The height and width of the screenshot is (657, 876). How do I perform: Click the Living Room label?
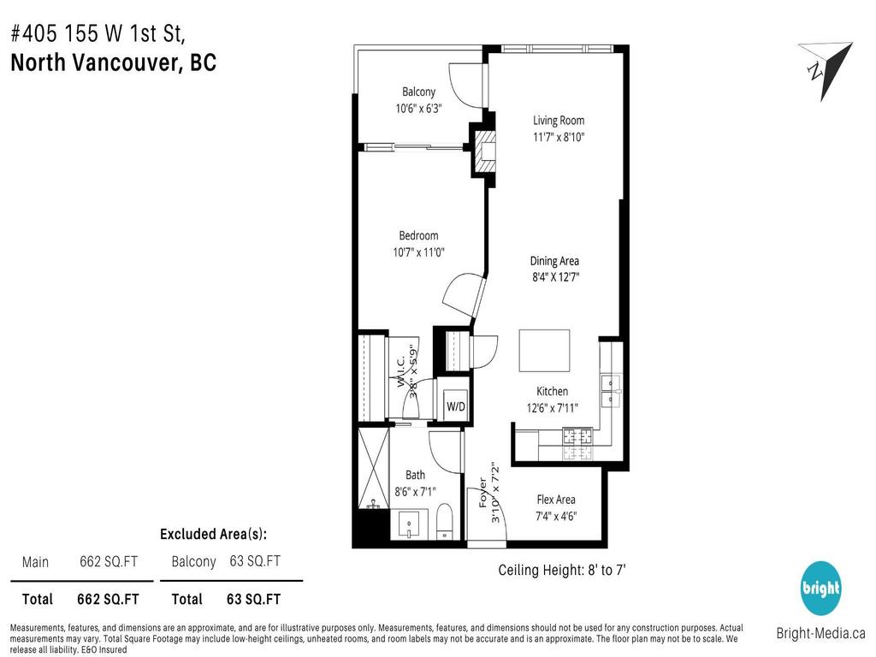[x=559, y=121]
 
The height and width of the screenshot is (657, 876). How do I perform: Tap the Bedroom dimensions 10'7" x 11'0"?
[x=418, y=252]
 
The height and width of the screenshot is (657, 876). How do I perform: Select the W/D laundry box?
[x=455, y=406]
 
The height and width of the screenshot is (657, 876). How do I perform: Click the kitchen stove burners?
[x=577, y=438]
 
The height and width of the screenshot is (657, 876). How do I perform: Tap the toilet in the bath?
[x=444, y=521]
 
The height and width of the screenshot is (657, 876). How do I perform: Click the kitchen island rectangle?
[x=544, y=351]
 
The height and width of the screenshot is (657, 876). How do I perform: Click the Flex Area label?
[x=556, y=500]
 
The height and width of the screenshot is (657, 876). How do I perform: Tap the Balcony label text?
[x=418, y=92]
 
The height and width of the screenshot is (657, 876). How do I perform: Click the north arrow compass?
[x=823, y=68]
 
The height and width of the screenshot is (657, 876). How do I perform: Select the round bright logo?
[x=821, y=589]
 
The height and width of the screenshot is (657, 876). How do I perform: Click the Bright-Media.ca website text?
[x=820, y=634]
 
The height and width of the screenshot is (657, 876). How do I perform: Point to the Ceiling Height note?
[x=565, y=570]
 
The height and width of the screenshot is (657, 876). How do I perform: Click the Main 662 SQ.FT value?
[x=109, y=562]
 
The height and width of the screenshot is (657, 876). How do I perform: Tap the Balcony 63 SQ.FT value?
[x=255, y=561]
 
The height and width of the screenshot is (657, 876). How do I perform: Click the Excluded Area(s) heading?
[x=213, y=534]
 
